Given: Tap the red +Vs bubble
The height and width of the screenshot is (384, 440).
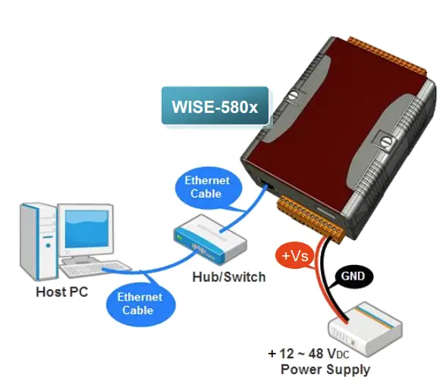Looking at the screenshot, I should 295,257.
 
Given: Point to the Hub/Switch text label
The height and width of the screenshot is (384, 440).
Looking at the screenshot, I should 228,277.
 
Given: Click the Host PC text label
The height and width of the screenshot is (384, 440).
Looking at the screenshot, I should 62,291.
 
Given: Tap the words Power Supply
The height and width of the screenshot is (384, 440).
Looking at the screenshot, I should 325,370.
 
